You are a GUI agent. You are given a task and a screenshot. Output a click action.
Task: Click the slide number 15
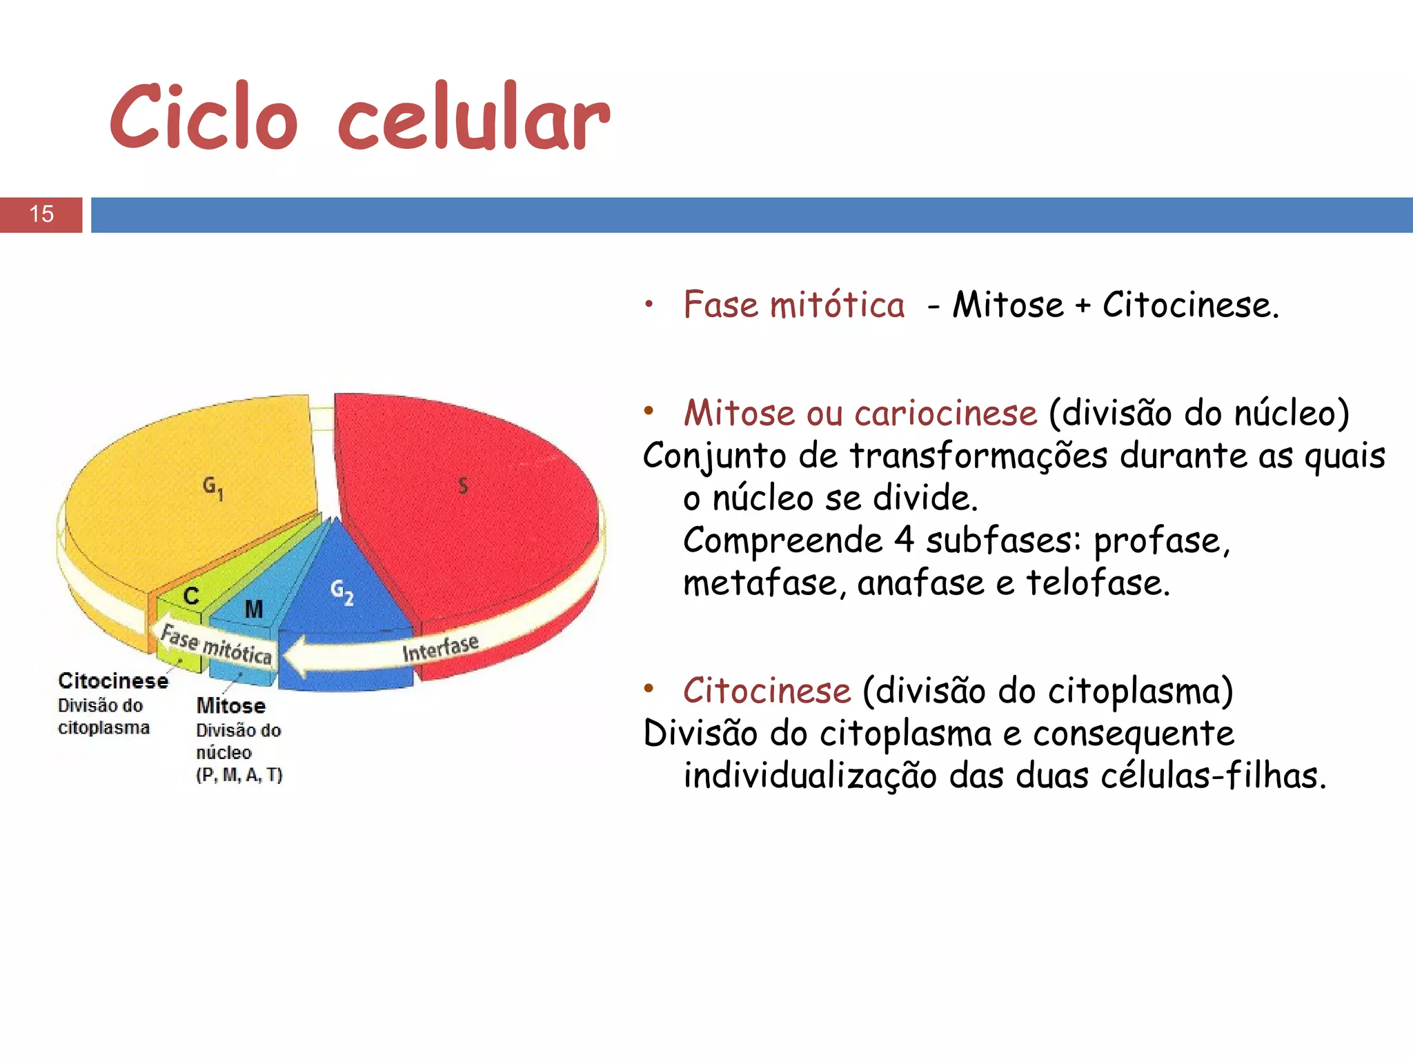(41, 214)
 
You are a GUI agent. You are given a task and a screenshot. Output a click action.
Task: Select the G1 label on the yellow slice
(213, 487)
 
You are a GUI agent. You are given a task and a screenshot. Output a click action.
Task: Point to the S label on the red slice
(463, 486)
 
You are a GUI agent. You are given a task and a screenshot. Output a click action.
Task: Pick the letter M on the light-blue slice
(253, 609)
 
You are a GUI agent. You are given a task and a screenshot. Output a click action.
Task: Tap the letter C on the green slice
(191, 596)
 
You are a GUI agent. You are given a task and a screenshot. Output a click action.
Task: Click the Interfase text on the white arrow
(440, 648)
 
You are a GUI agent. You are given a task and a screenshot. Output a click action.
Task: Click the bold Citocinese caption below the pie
(113, 681)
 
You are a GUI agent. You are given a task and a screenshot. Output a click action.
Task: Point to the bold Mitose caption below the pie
(231, 706)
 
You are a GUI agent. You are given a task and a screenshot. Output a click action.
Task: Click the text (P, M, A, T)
(239, 776)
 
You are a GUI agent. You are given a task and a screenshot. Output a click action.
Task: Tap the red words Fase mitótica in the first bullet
(793, 305)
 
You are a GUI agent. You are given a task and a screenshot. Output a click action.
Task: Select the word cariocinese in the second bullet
(945, 414)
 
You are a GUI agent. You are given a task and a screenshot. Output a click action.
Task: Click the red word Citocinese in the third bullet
(767, 691)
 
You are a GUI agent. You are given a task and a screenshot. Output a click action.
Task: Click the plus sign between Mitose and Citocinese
(1083, 306)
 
